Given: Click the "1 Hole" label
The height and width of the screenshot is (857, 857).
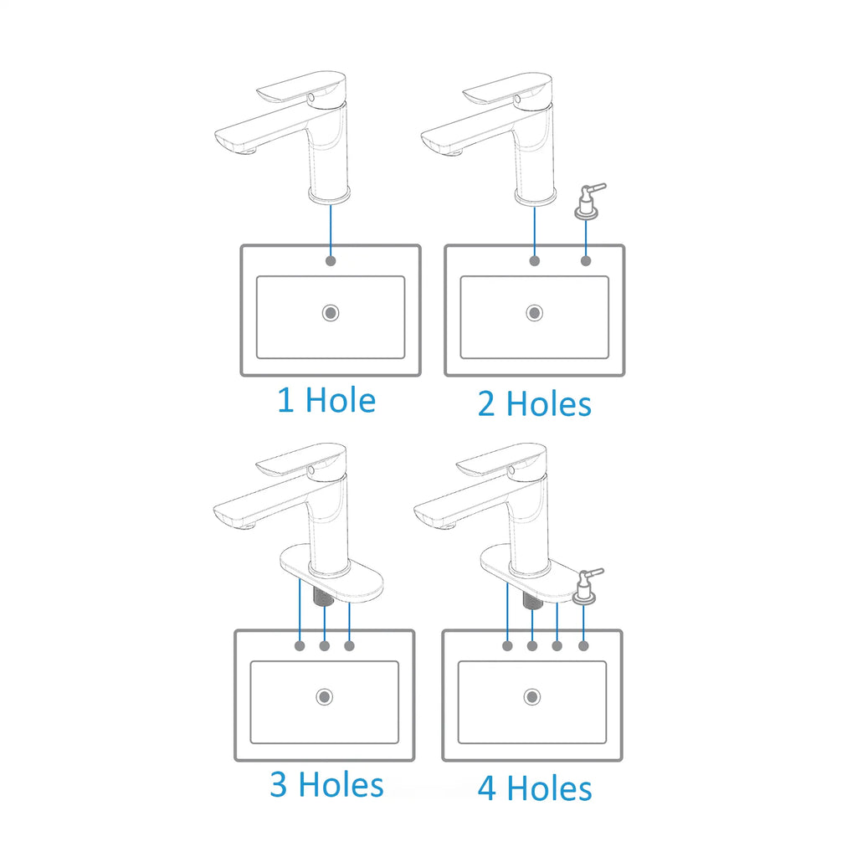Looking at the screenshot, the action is [326, 400].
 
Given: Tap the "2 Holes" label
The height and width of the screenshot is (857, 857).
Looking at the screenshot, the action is [535, 404].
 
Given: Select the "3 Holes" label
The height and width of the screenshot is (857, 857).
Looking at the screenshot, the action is [327, 784].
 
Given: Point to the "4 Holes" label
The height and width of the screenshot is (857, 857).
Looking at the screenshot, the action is [535, 788].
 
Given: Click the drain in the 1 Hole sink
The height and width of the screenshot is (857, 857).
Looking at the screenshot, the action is [331, 313].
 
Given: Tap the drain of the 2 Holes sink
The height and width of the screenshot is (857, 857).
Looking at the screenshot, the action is [535, 313].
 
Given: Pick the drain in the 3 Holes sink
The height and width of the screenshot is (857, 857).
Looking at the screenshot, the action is [325, 697].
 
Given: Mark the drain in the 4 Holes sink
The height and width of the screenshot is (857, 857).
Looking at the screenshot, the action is [532, 697].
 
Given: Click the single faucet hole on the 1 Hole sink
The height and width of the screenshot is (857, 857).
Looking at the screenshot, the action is [331, 261].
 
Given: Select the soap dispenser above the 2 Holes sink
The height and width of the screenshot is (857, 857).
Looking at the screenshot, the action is [588, 201].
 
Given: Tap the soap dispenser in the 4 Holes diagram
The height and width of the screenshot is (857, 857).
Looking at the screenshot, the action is [586, 586].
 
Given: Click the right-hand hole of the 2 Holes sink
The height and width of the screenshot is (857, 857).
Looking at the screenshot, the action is [586, 261].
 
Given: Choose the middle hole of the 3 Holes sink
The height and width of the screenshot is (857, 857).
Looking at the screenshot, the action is [325, 646].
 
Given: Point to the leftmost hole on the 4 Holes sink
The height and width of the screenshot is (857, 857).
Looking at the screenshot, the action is [508, 646].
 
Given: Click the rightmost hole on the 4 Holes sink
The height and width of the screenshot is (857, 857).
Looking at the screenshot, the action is [583, 646].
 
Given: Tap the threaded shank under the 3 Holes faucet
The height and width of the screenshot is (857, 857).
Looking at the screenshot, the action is [324, 595].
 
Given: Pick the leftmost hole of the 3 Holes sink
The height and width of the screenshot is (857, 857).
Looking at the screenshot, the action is [300, 646].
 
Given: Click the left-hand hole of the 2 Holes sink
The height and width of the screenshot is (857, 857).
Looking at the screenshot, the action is [535, 261].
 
